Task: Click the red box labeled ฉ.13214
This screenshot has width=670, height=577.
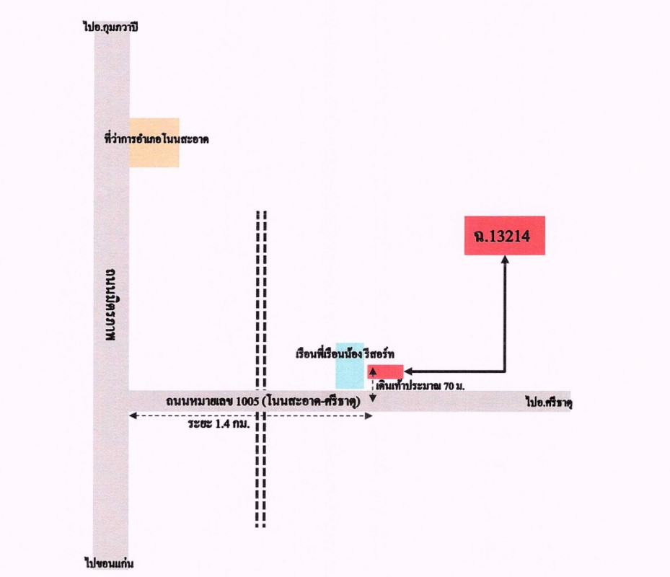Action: [505, 236]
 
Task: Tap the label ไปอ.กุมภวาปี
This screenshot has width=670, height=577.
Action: [110, 27]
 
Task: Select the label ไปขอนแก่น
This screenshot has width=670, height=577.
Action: [109, 563]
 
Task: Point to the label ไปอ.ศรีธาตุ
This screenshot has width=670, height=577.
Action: [549, 402]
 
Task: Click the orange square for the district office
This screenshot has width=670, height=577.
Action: [154, 143]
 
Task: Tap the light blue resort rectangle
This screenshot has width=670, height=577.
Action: [350, 366]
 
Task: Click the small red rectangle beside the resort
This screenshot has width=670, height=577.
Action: [385, 371]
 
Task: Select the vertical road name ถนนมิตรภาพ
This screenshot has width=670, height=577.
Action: [110, 304]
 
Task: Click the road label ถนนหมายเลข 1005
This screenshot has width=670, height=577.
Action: [212, 401]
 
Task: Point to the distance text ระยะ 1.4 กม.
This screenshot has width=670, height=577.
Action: [219, 424]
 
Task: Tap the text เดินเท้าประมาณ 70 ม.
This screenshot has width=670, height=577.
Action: [420, 386]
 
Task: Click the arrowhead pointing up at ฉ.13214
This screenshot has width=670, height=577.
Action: [505, 259]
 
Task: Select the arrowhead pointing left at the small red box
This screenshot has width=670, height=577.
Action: [407, 371]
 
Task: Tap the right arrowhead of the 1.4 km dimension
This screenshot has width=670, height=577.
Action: [369, 416]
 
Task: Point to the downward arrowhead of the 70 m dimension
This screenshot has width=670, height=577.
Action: [373, 398]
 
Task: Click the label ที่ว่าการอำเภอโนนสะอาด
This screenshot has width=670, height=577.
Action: [157, 139]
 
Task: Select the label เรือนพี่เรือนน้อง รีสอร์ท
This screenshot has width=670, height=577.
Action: [345, 354]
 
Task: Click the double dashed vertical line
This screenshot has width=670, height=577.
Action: [261, 369]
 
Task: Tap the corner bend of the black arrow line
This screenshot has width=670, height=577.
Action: [505, 371]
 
